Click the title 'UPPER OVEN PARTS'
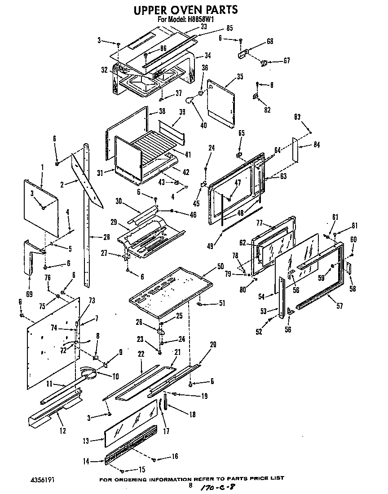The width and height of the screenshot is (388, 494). point(186,10)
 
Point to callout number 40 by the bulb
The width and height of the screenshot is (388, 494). point(203,125)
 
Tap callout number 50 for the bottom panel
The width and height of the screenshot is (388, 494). point(220,267)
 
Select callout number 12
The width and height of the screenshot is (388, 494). point(62,431)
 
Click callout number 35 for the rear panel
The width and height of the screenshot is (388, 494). point(240,76)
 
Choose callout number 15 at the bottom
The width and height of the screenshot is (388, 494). point(142,470)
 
